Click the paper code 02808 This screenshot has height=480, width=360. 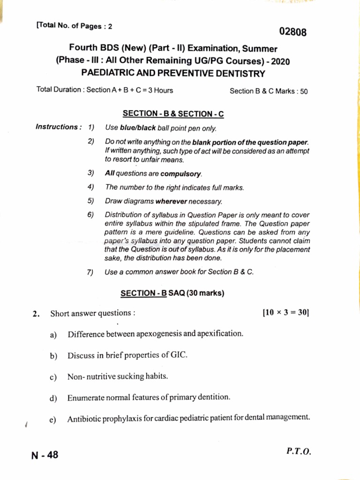293,32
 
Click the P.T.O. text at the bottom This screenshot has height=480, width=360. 298,451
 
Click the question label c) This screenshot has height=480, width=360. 53,377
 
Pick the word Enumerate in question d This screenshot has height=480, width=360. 86,397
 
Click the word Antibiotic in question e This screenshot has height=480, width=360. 85,419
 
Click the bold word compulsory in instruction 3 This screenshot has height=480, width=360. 181,174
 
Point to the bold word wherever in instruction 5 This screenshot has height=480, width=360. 172,202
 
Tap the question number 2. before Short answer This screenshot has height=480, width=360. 37,314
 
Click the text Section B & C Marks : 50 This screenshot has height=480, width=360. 268,91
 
